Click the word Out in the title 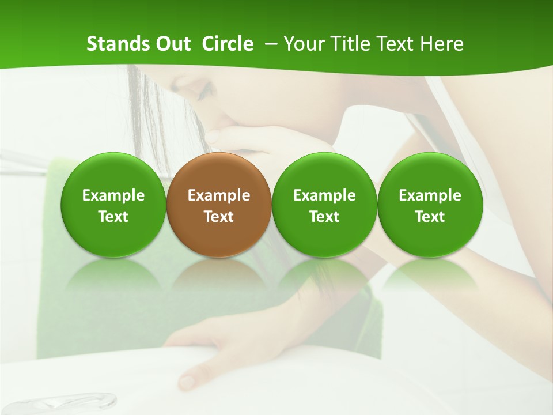171,44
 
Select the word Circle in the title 228,44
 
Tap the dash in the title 270,44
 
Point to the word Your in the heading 302,44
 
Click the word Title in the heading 346,44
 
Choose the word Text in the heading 389,44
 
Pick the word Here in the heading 440,44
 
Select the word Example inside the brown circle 219,195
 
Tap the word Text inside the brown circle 219,217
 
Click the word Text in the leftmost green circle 113,217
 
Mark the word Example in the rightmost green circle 430,195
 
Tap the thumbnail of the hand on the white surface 187,381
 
